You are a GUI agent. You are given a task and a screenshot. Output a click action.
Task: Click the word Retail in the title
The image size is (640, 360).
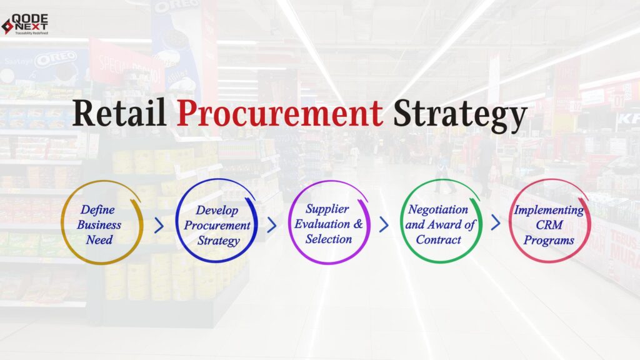coord(119,114)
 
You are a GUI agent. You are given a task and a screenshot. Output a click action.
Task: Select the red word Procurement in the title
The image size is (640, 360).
coord(279,114)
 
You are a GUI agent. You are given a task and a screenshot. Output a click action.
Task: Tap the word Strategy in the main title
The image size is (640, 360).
coord(459,116)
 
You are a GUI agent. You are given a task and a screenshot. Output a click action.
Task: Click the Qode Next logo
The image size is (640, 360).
coord(25,24)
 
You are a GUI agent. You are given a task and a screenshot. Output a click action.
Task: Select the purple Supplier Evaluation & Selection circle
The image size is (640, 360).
coord(329,223)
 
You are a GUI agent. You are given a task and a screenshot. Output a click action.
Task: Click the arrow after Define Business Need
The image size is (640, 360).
coord(159,224)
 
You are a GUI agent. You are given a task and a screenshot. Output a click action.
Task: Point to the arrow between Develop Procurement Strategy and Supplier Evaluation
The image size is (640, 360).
coord(272,224)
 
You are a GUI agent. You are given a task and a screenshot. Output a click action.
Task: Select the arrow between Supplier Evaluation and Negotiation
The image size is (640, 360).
coord(384,224)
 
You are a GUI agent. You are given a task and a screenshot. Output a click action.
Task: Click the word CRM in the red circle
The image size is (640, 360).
coord(549,225)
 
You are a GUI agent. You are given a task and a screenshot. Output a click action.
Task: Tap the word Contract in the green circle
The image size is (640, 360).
coord(439,239)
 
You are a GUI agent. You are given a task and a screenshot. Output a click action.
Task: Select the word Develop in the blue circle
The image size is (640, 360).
coord(217,210)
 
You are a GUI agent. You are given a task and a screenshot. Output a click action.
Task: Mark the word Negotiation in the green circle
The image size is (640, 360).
coord(438,209)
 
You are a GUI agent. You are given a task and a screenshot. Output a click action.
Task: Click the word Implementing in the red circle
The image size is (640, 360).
coord(549,210)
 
